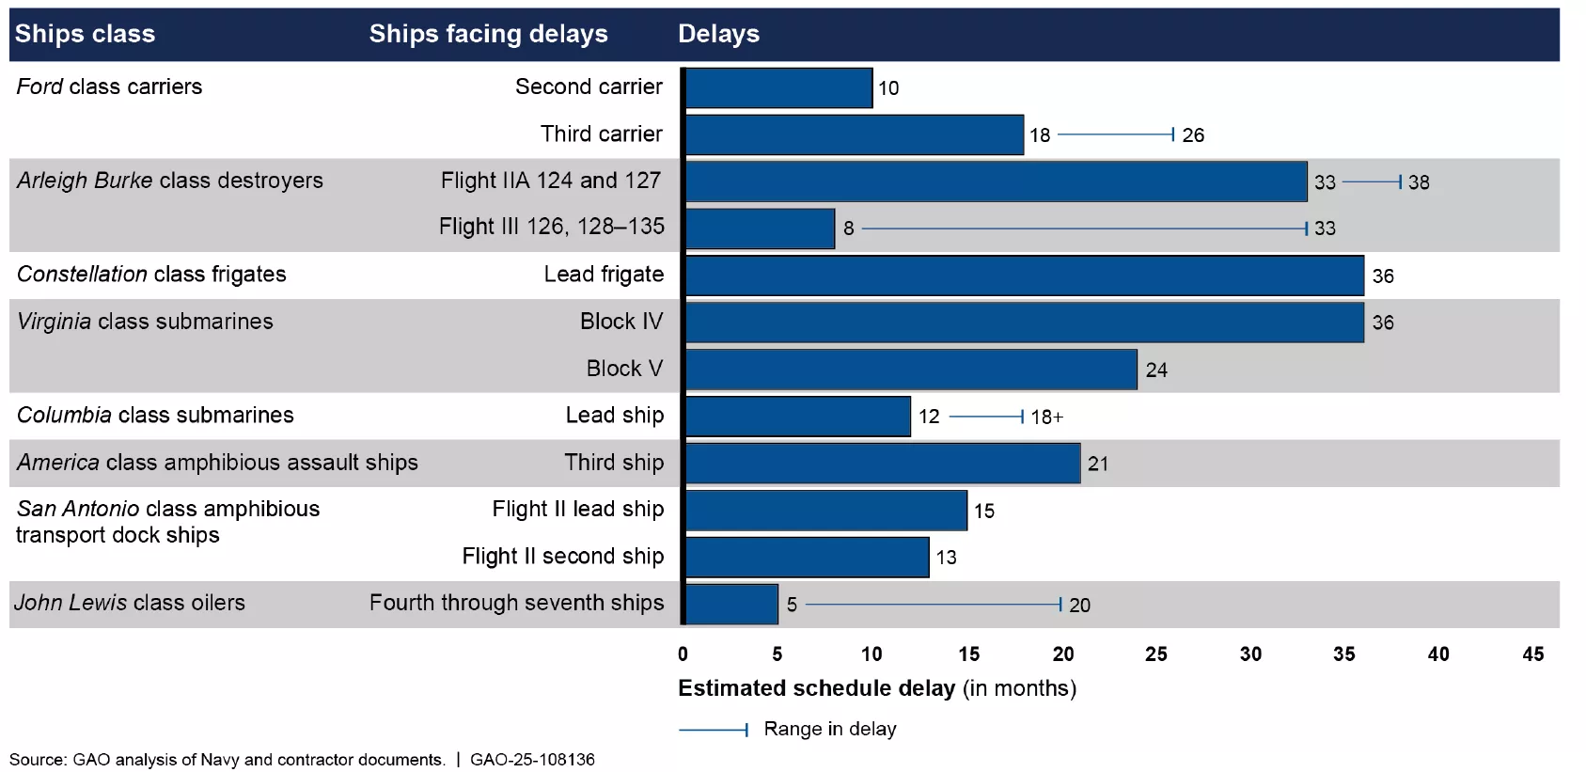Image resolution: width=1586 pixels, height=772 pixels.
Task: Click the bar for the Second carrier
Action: pos(778,87)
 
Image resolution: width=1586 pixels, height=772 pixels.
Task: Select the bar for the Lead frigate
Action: pos(1024,276)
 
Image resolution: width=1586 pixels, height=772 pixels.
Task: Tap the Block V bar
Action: pos(911,370)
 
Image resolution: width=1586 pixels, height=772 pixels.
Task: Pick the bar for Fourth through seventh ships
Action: pos(731,604)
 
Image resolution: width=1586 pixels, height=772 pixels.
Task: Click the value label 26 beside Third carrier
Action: pos(1193,135)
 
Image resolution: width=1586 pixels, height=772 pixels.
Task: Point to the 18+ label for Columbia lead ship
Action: pos(1046,417)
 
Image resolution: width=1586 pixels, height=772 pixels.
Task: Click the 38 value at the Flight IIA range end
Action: pos(1419,182)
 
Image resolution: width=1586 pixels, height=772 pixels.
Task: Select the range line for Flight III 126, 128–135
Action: pos(1081,228)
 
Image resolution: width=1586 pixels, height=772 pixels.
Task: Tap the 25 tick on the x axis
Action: pos(1155,654)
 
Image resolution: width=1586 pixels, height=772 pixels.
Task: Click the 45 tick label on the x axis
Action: pos(1532,654)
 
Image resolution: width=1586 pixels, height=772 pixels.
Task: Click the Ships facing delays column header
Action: pos(488,34)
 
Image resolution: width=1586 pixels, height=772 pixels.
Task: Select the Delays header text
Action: pos(718,34)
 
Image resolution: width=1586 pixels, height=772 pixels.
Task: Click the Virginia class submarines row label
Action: pos(145,322)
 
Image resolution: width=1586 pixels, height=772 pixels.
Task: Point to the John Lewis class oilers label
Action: pos(130,603)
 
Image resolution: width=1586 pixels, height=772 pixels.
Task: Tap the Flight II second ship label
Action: pos(562,557)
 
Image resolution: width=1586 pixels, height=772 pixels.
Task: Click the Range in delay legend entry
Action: pos(829,729)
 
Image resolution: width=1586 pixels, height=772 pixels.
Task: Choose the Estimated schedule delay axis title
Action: pos(876,688)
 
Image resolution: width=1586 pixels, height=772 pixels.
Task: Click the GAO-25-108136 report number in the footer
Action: pos(532,760)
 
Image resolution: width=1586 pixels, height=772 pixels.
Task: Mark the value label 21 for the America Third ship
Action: pos(1097,464)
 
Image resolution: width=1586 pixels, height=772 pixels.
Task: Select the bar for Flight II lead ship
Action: pos(825,511)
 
